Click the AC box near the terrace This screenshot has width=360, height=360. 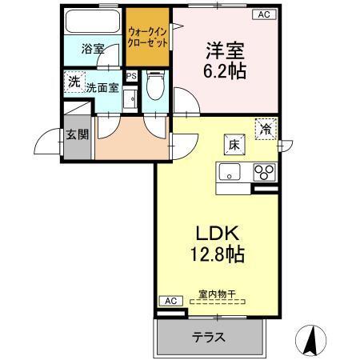coord(169,300)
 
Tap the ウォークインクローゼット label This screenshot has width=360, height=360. coord(148,38)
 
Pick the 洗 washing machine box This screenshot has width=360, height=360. coord(74,82)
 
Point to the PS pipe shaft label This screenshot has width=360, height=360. coord(131,78)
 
